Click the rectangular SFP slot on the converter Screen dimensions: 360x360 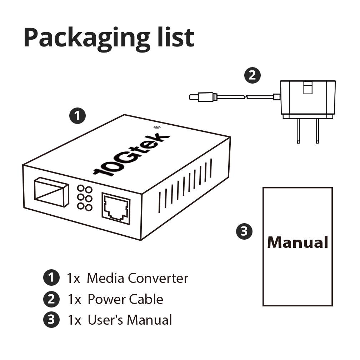point(51,193)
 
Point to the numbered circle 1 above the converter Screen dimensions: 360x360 point(77,116)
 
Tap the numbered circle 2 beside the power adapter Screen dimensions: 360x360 point(252,75)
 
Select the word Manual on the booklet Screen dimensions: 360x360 point(297,242)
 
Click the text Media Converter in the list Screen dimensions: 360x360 point(137,278)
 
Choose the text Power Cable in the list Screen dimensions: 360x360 point(125,299)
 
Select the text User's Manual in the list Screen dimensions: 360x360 point(130,320)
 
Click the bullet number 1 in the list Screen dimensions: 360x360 point(51,278)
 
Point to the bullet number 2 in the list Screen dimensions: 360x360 point(51,299)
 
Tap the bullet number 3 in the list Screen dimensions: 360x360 point(51,320)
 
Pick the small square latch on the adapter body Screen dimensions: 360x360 point(308,88)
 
